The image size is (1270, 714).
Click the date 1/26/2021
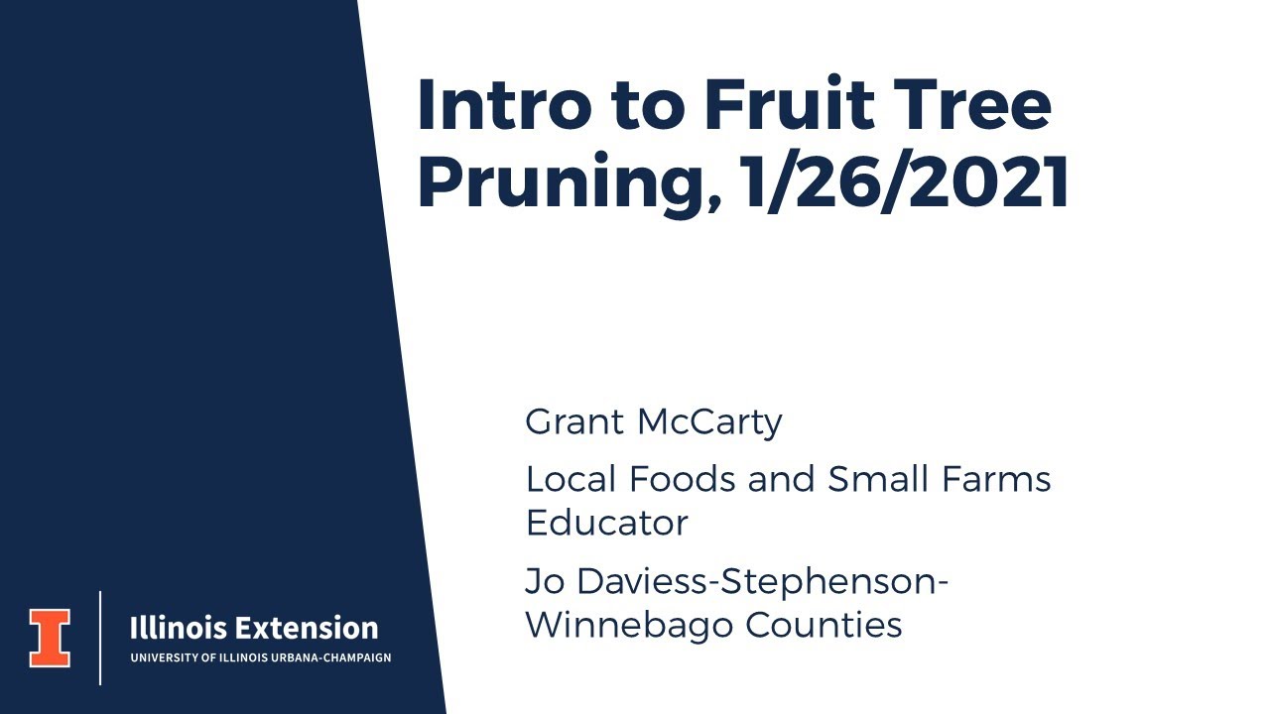(x=905, y=184)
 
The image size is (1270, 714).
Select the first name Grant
(x=573, y=421)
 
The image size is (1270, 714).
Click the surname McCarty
(x=709, y=421)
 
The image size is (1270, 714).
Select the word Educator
(x=606, y=522)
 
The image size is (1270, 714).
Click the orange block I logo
(x=50, y=637)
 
